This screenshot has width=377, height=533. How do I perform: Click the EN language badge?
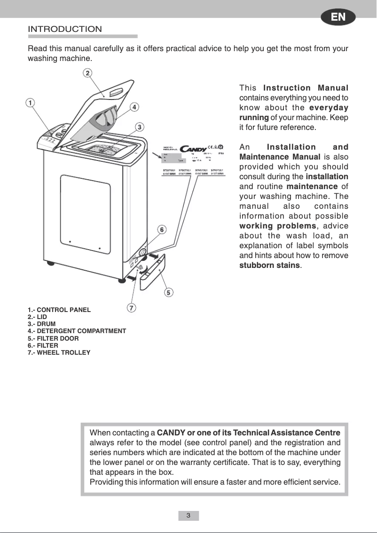(338, 17)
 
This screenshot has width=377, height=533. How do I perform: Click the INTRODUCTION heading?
(65, 29)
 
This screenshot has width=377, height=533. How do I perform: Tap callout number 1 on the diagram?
(30, 103)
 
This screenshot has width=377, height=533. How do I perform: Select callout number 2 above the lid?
(88, 73)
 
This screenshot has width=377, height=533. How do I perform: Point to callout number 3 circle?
(140, 127)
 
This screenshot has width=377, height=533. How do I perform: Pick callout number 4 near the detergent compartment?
(134, 107)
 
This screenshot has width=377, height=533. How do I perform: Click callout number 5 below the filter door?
(168, 292)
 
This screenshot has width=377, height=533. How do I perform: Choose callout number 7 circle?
(132, 308)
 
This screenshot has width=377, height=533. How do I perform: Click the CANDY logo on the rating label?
(190, 150)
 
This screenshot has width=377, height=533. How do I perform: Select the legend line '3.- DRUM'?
(41, 324)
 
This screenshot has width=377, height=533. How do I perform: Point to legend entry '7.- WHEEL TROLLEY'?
(59, 352)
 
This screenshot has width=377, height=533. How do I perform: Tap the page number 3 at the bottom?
(188, 516)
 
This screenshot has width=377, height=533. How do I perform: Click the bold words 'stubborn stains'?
(270, 265)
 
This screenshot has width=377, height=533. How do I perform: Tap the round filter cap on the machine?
(141, 250)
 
